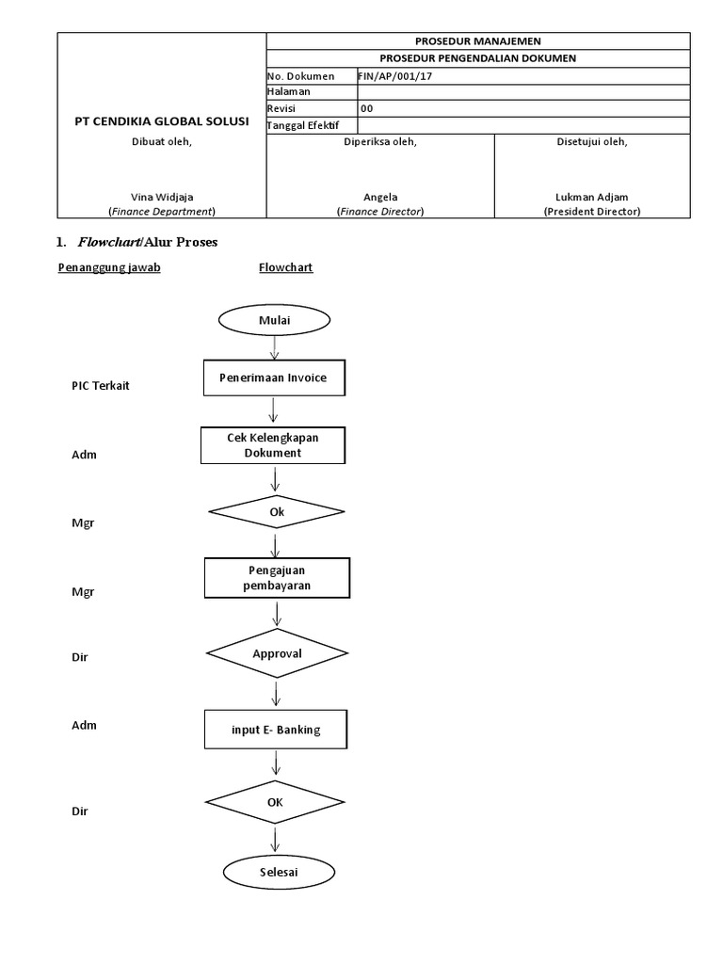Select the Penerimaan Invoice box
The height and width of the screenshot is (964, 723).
[x=273, y=378]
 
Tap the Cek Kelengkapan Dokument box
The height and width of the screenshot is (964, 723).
[x=273, y=445]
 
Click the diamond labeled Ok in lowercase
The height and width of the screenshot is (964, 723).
[x=275, y=511]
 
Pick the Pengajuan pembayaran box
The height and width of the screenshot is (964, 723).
[x=276, y=578]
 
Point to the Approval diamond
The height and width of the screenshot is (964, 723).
[x=276, y=652]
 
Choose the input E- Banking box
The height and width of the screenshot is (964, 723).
[x=276, y=729]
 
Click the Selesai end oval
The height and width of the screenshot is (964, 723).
[x=278, y=873]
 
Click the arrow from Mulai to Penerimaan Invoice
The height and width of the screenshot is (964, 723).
[x=273, y=347]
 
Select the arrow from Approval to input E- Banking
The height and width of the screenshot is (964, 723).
[x=276, y=694]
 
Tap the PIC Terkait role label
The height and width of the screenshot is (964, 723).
[x=101, y=386]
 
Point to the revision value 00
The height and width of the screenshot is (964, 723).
[x=367, y=108]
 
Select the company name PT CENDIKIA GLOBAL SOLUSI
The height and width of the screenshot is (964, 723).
[x=162, y=121]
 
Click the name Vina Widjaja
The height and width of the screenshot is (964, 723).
[x=162, y=197]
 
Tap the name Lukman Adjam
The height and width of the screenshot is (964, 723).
[x=591, y=197]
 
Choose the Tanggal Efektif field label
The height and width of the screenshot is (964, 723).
[x=303, y=125]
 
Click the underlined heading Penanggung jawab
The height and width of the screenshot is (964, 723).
[x=109, y=267]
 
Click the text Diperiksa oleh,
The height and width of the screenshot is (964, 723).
[x=380, y=142]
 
